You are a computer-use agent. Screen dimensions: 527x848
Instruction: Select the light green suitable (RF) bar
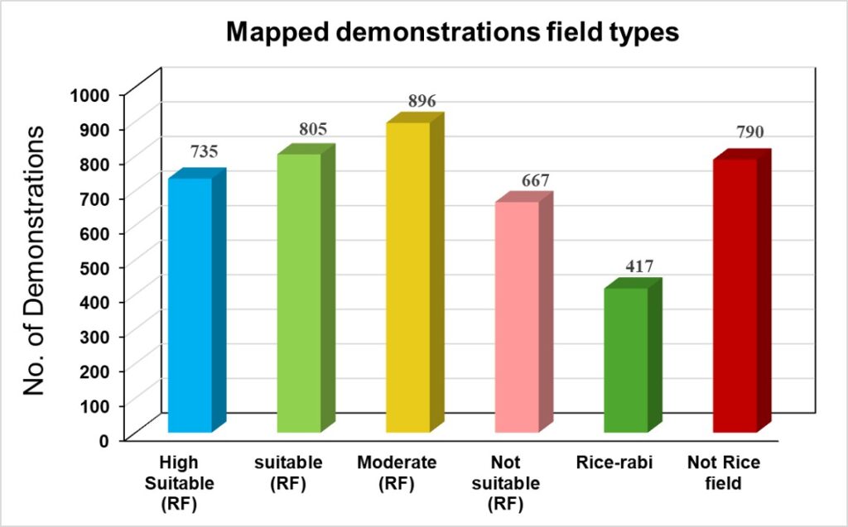click(298, 293)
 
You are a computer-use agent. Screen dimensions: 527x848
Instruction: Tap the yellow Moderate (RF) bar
click(407, 276)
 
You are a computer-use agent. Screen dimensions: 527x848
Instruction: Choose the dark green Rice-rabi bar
click(625, 359)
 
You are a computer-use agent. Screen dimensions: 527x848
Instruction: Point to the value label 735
click(205, 152)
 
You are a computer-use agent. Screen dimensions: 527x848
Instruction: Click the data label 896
click(422, 102)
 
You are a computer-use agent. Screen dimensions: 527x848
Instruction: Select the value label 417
click(640, 266)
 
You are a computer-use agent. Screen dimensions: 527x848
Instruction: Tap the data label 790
click(749, 132)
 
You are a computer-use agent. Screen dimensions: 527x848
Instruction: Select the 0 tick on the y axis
click(105, 439)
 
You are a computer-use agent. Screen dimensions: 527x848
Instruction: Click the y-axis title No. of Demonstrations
click(34, 261)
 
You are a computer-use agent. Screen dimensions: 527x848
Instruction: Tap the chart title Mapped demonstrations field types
click(452, 32)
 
